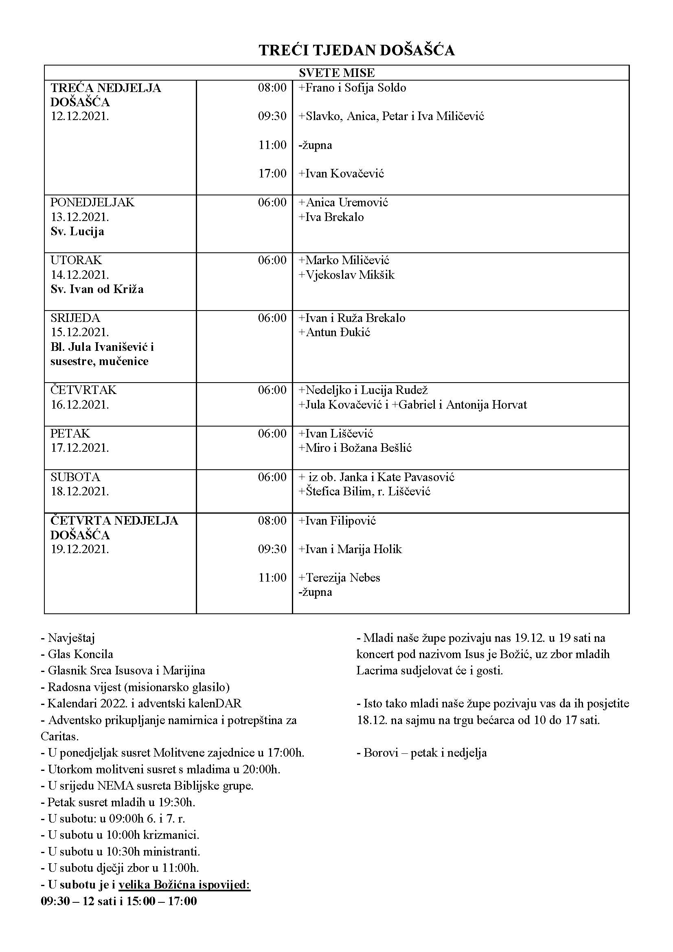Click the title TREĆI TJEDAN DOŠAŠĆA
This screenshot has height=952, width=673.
[x=357, y=50]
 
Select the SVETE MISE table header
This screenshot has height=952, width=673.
[x=336, y=73]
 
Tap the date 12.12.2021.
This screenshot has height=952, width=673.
[x=80, y=116]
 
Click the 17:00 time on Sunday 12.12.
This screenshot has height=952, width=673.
[x=272, y=173]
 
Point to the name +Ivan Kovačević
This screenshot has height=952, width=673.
[x=341, y=173]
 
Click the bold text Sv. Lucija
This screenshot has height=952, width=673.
[x=77, y=231]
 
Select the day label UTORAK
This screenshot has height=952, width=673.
[x=76, y=260]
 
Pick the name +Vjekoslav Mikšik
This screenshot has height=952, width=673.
[x=346, y=275]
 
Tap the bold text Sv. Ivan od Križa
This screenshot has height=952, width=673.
[x=97, y=289]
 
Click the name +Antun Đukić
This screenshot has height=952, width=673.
[x=334, y=333]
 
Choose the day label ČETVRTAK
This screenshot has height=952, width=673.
[x=83, y=390]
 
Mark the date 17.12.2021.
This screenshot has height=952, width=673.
[x=80, y=448]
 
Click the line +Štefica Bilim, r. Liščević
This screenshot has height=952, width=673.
[x=364, y=492]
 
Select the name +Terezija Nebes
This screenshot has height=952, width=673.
[x=339, y=578]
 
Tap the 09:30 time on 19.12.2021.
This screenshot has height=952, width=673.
[x=272, y=549]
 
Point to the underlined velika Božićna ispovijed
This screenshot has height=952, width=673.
[x=184, y=885]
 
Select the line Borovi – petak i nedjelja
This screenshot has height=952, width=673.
[x=421, y=753]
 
